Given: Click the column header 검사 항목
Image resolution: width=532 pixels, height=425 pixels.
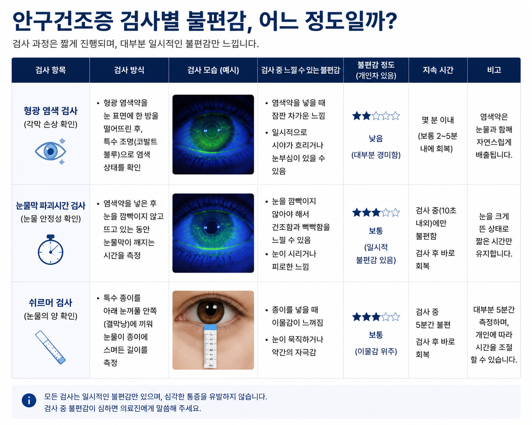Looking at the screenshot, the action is click(x=50, y=70).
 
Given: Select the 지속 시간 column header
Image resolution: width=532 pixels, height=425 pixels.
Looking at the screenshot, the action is click(x=438, y=70).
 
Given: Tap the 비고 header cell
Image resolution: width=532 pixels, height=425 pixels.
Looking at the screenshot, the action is click(x=494, y=70).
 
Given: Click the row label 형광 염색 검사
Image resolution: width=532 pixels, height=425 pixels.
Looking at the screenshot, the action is click(x=50, y=111).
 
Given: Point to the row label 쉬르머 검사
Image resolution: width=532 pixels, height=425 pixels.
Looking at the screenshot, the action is click(x=50, y=303).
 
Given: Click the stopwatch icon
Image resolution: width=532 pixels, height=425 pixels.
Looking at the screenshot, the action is click(x=50, y=250).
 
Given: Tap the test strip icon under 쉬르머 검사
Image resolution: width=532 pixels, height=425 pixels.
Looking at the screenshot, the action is click(x=50, y=347).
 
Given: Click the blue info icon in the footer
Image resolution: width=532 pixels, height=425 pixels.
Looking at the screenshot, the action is click(x=29, y=400).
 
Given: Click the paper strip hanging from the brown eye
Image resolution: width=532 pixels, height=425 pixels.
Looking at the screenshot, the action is click(x=210, y=346).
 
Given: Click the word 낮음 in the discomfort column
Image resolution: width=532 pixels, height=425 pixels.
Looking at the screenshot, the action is click(x=376, y=139).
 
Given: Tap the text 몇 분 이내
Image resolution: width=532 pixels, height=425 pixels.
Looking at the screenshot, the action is click(x=438, y=120).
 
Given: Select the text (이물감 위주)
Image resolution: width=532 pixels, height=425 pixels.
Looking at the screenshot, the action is click(x=376, y=351).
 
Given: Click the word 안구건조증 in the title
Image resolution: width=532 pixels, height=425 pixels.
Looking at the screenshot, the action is click(x=63, y=21).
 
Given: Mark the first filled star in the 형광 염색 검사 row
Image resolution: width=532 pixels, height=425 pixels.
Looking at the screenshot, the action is click(x=357, y=116).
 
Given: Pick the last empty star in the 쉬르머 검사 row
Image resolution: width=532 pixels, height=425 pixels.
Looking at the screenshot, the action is click(x=395, y=317).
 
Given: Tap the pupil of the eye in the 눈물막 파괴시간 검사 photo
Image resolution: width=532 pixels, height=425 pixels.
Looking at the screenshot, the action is click(x=211, y=227).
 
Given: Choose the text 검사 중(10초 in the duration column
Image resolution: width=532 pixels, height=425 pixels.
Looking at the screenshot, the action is click(x=436, y=211).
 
